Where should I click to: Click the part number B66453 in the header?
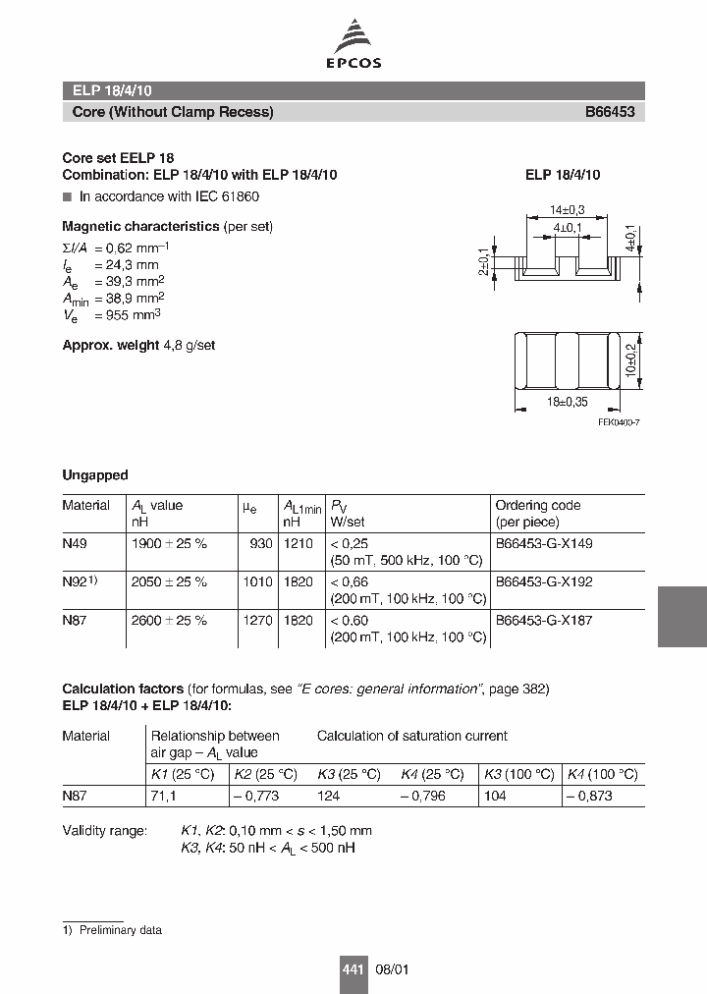coord(610,112)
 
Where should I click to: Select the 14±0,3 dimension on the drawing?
coord(568,210)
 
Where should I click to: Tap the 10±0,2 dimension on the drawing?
coord(630,360)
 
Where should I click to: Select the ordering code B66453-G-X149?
coord(543,543)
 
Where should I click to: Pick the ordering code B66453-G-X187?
coord(543,620)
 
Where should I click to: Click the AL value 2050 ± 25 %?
coord(169,581)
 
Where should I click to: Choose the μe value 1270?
coord(257,620)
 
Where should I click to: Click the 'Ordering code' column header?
coord(537,505)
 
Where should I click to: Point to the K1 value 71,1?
coord(162,796)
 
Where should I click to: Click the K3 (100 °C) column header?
coord(518,774)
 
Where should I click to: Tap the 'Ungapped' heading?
coord(95,475)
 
